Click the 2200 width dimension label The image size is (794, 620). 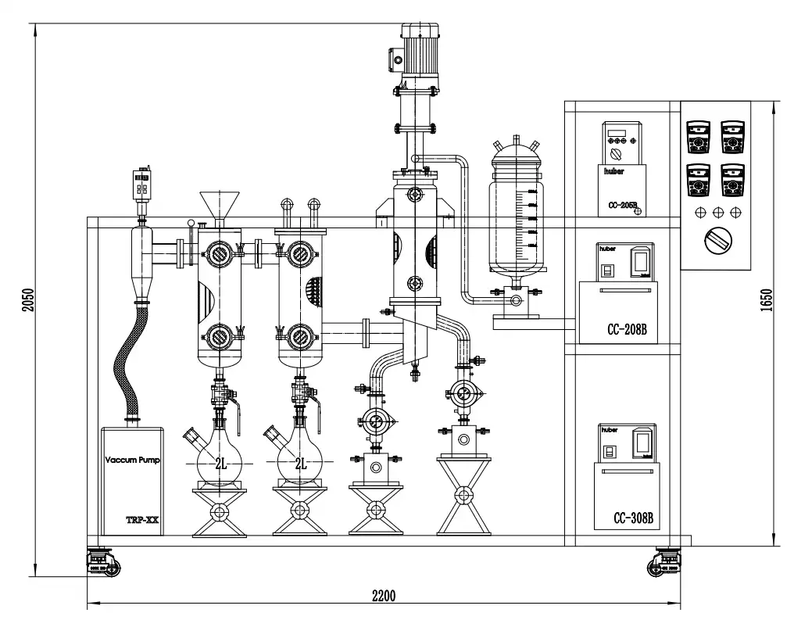coord(383,595)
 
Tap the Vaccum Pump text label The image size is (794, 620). coord(132,460)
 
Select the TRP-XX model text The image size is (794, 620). coord(141,519)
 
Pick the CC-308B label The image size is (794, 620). coord(634,518)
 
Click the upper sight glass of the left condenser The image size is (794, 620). coord(218,252)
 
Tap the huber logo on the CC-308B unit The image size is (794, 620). coord(609,430)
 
